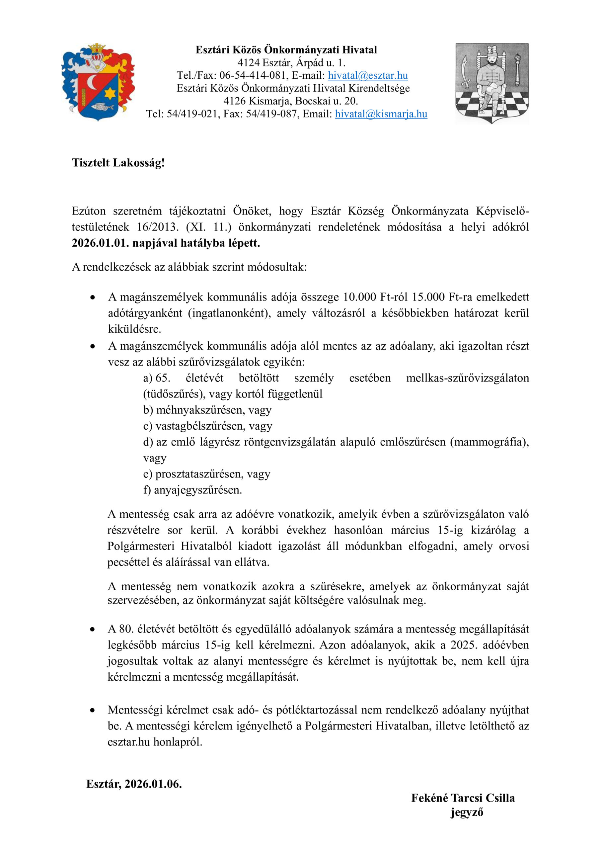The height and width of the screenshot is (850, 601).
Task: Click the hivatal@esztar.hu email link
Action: [367, 75]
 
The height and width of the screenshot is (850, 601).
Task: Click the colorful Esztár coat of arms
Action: [98, 82]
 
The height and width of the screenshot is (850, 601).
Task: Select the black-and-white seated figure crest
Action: [492, 83]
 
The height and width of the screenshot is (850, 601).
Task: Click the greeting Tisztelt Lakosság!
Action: [118, 163]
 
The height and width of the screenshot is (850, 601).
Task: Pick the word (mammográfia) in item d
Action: [489, 442]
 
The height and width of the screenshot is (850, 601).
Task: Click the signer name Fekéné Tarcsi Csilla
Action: [463, 798]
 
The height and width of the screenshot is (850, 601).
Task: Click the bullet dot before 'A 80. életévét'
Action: [93, 629]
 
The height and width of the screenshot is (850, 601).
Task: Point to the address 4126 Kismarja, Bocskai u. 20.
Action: [290, 101]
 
